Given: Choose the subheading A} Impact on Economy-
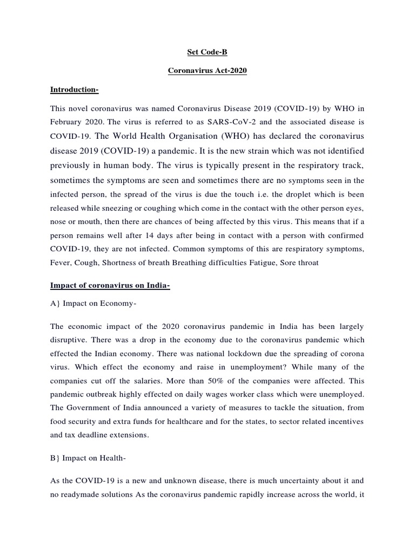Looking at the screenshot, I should click(93, 304).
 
